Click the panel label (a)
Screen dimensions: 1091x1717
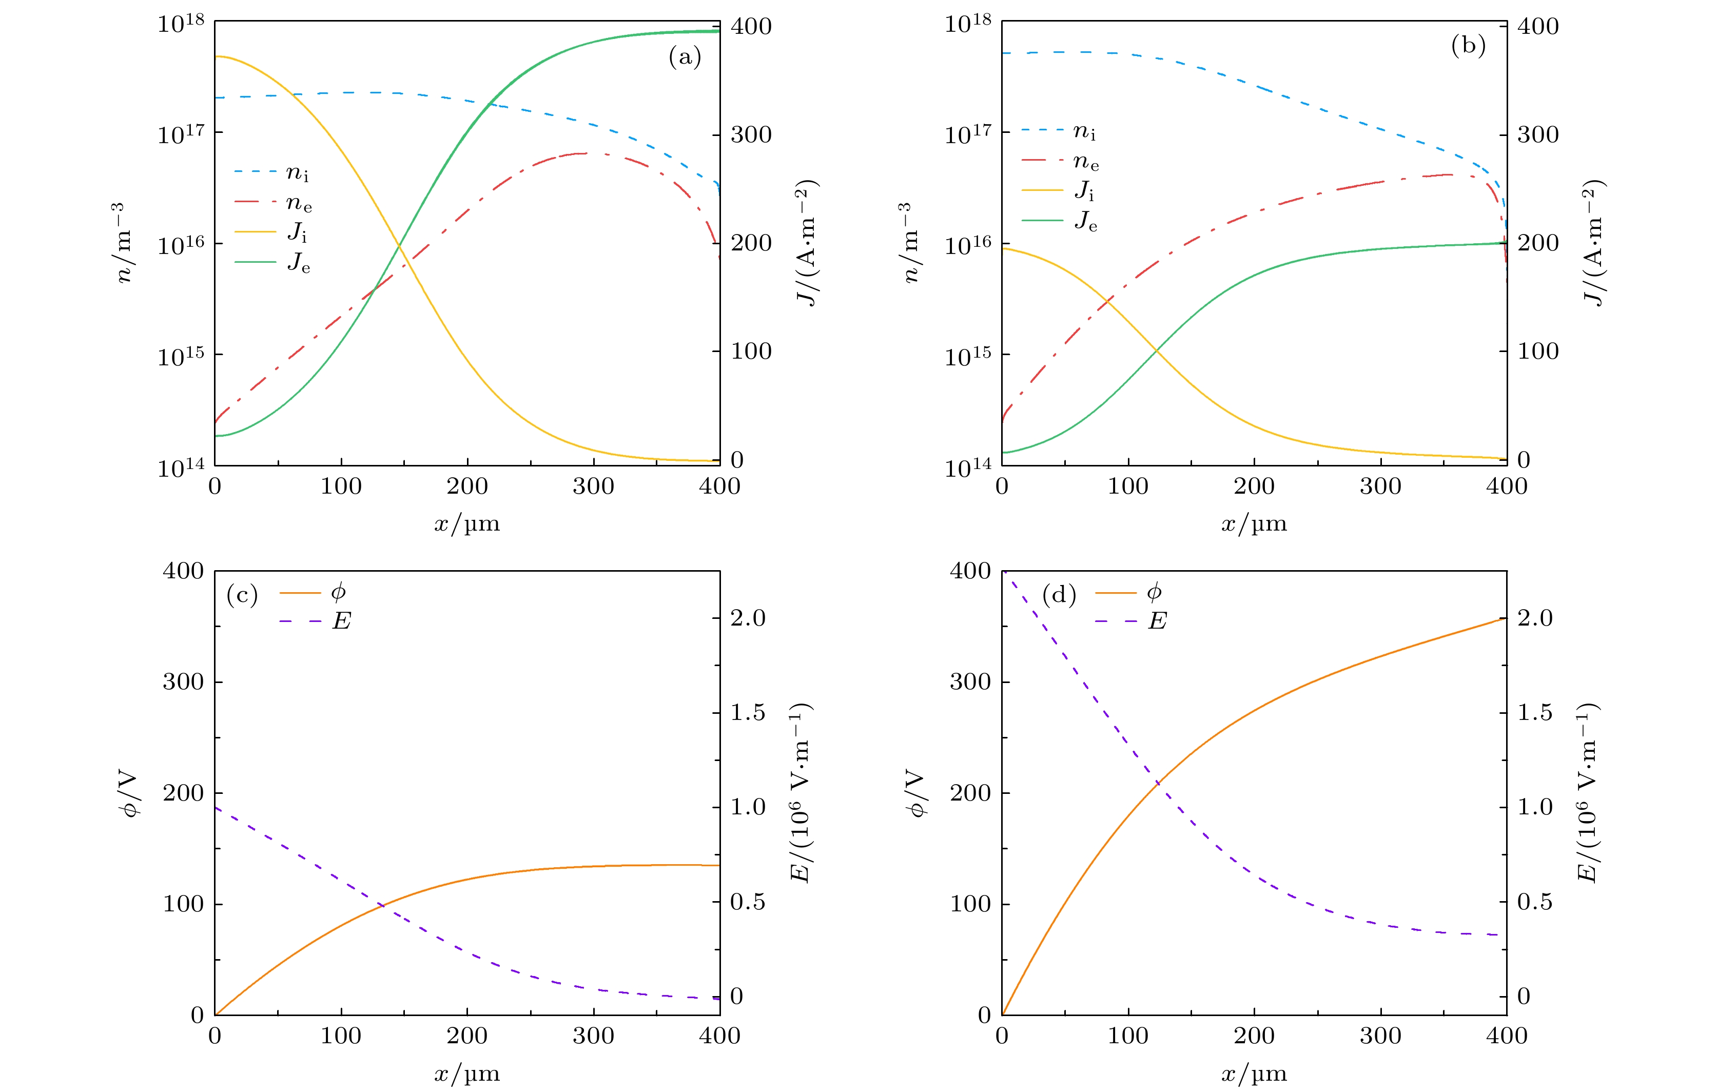tap(685, 56)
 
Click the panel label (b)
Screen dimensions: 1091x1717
tap(1468, 46)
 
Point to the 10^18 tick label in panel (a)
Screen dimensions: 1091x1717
tap(181, 24)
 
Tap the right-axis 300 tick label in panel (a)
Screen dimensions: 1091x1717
tap(751, 135)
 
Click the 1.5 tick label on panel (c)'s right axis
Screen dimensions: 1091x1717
tap(747, 712)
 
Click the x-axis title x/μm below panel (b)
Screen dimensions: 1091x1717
tap(1254, 524)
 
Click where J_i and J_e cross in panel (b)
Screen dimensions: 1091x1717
tap(1156, 349)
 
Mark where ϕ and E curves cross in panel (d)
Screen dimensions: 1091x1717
tap(1157, 783)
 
